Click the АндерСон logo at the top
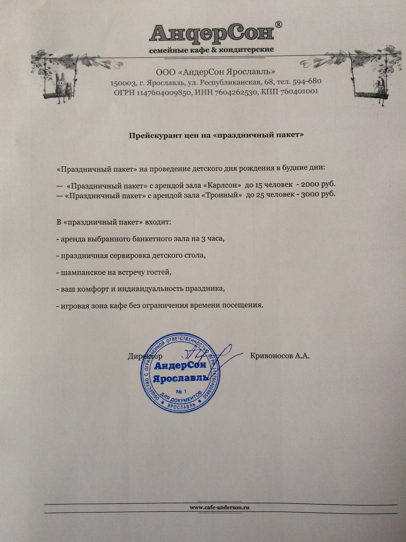(x=212, y=34)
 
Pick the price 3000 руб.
(x=318, y=195)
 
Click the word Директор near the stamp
(x=145, y=356)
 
